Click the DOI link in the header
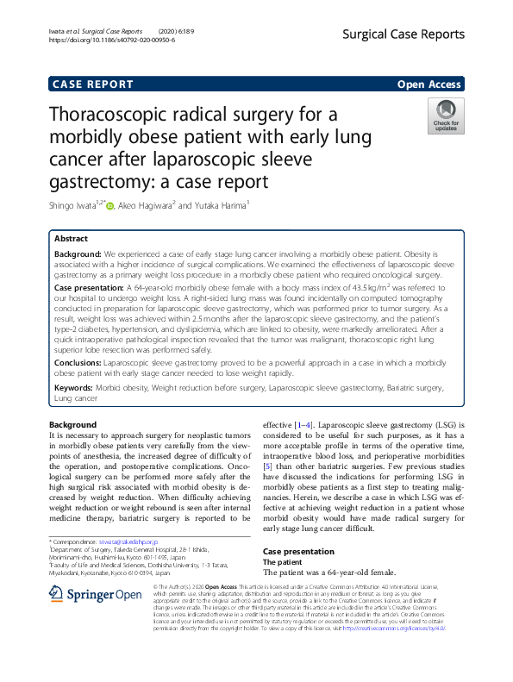coord(112,40)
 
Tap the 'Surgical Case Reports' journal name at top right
coord(404,34)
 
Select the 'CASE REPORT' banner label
coord(93,84)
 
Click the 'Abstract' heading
coord(71,238)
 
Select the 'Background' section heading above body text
coord(72,425)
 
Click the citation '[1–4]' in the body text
coord(303,425)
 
